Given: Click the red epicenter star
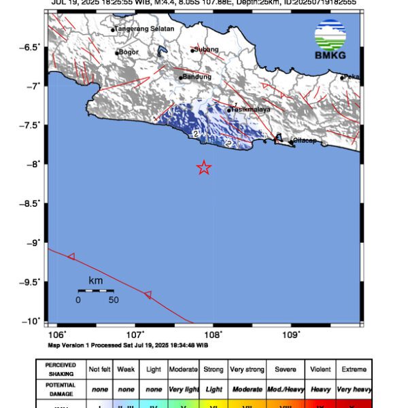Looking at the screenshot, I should point(203,168).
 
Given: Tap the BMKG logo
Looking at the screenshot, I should point(330,40).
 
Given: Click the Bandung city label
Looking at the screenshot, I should point(198,77).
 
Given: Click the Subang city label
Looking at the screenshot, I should point(205,49).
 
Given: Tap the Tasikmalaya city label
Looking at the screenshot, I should point(251,109).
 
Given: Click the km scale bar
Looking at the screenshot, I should point(95,291).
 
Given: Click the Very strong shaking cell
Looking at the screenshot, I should point(247,369).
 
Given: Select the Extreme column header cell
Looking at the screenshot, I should point(354,369).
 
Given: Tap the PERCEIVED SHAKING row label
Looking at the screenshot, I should point(61,369).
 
